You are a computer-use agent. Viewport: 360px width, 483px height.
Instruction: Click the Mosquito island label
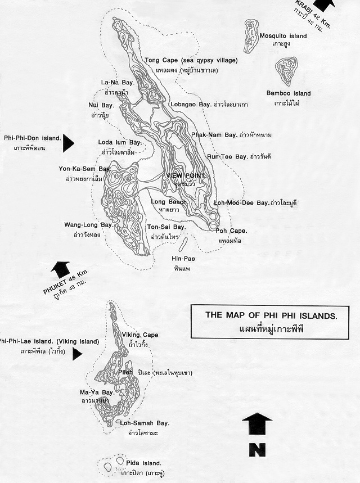pyautogui.click(x=283, y=36)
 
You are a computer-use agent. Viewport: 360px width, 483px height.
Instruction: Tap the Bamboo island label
pyautogui.click(x=289, y=93)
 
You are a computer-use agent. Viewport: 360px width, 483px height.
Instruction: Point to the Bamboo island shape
pyautogui.click(x=286, y=70)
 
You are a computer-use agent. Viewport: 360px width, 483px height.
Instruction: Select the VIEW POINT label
pyautogui.click(x=187, y=176)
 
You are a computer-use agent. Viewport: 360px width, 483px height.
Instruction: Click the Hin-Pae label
pyautogui.click(x=182, y=259)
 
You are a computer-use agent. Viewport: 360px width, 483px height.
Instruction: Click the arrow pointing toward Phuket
pyautogui.click(x=60, y=269)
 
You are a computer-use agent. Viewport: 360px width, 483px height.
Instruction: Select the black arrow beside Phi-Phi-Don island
pyautogui.click(x=68, y=143)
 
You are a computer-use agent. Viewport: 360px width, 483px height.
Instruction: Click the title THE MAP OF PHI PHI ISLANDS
pyautogui.click(x=271, y=315)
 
